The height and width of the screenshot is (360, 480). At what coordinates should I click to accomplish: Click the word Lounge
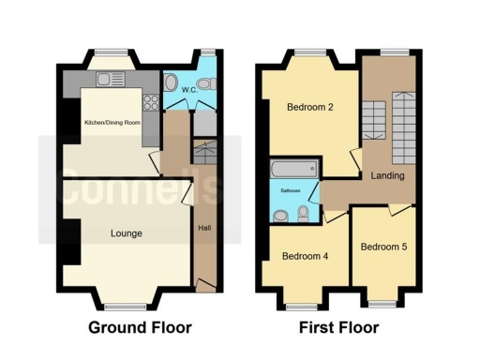point(126,232)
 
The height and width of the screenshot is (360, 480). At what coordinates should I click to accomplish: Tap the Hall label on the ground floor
point(204,228)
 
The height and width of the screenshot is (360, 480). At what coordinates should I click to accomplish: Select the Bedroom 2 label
point(310,107)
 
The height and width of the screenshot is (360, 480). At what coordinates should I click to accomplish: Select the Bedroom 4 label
point(306,255)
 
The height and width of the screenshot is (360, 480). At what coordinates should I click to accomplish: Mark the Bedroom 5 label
point(383,247)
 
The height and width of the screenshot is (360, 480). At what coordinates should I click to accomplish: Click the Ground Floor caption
point(140,328)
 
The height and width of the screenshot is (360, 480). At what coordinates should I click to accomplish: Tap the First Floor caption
point(338,328)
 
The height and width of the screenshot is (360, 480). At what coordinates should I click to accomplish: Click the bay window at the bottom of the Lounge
point(125,306)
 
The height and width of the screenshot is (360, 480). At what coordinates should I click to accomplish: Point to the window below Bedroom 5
point(382,303)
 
